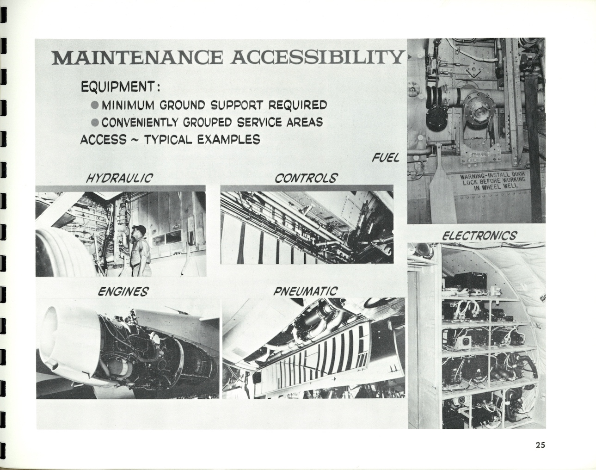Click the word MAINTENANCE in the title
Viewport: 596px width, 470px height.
137,58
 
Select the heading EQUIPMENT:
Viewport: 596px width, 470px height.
121,87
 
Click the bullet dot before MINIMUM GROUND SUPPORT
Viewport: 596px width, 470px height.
95,105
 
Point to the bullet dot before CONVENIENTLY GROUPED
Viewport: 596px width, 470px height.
95,122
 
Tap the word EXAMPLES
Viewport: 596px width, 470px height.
229,139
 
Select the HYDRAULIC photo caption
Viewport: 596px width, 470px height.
119,178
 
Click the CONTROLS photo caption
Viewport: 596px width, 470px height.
306,178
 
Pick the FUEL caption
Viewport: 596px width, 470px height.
386,158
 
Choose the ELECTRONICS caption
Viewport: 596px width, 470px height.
479,236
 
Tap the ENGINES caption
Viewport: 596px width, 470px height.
123,291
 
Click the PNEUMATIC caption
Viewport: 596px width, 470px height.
306,291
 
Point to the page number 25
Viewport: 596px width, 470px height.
540,453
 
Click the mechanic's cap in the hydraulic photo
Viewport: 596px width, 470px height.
139,229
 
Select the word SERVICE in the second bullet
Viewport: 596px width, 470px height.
260,122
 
